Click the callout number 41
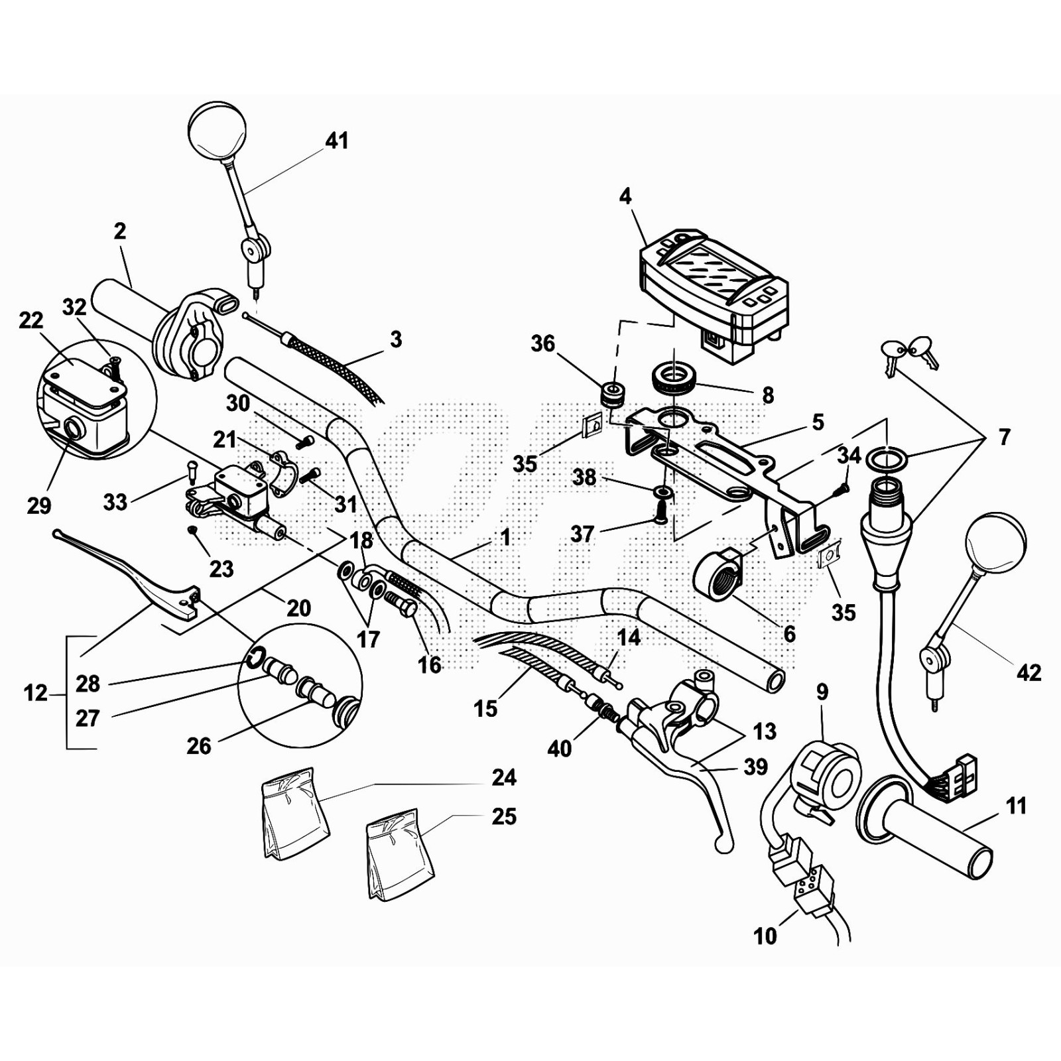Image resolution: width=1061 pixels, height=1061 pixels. pyautogui.click(x=337, y=141)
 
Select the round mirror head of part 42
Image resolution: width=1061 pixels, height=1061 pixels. pyautogui.click(x=996, y=542)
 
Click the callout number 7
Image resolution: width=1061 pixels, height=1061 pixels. pyautogui.click(x=1004, y=437)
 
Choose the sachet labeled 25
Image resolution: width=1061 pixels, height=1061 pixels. pyautogui.click(x=400, y=855)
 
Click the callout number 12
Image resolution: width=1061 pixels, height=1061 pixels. pyautogui.click(x=36, y=694)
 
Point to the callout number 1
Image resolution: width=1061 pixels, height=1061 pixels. pyautogui.click(x=505, y=537)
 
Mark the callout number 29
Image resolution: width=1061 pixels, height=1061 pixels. pyautogui.click(x=39, y=505)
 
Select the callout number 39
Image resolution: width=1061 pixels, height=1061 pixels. pyautogui.click(x=755, y=767)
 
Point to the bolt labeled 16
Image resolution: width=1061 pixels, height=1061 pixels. pyautogui.click(x=401, y=604)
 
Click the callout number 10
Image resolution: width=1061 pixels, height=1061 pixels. pyautogui.click(x=765, y=936)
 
